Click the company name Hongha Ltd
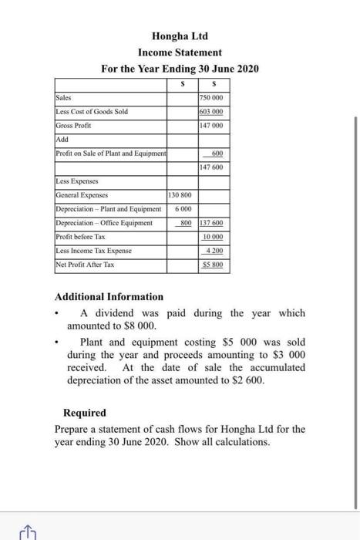click(180, 36)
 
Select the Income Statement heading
click(180, 52)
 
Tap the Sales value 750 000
click(210, 98)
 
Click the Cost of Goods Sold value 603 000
click(210, 112)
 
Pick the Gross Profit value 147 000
click(210, 125)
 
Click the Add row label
click(62, 140)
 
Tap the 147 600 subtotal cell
click(210, 167)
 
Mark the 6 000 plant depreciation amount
click(183, 209)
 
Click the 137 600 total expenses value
click(210, 223)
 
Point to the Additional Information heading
click(109, 296)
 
